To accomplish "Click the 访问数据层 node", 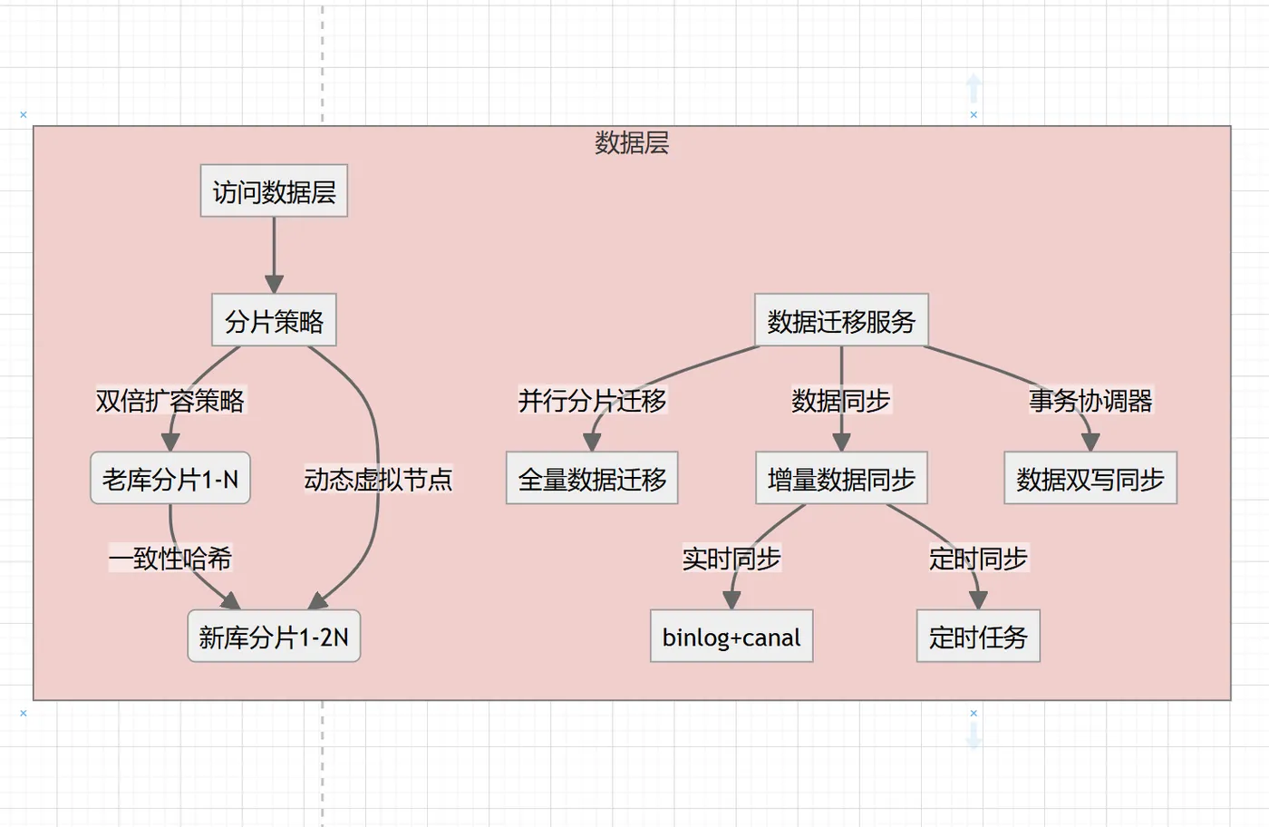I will click(274, 191).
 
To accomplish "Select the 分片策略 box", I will click(274, 320).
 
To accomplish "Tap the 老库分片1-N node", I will click(170, 478).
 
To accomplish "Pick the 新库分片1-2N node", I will click(274, 637).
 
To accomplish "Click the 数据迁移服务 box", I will click(841, 320).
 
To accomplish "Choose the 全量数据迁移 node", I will click(592, 478).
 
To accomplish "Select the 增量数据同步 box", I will click(841, 478).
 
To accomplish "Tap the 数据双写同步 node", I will click(1090, 478).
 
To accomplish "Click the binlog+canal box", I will click(731, 637).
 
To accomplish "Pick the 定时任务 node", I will click(978, 637).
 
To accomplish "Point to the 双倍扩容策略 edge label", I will click(170, 400).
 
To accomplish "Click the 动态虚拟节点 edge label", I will click(378, 479).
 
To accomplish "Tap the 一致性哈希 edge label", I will click(170, 558).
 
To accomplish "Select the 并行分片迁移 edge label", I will click(592, 400).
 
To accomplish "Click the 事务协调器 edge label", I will click(1090, 400).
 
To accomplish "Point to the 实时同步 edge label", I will click(731, 558).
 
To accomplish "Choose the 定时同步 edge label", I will click(978, 558).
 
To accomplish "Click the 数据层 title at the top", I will click(632, 142).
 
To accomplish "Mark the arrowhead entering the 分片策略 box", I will click(274, 285).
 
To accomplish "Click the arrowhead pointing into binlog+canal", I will click(731, 600).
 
